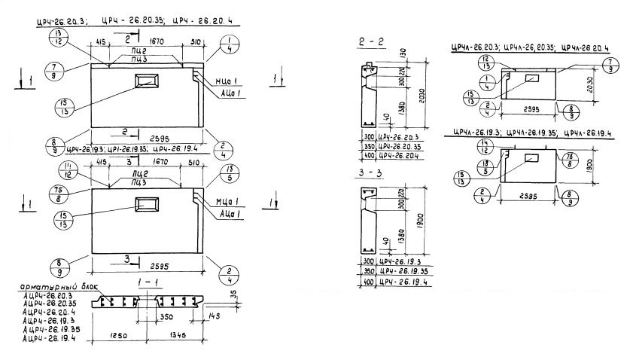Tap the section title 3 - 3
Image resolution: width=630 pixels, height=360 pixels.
(x=372, y=175)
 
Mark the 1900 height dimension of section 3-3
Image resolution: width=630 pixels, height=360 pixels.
(x=428, y=223)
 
